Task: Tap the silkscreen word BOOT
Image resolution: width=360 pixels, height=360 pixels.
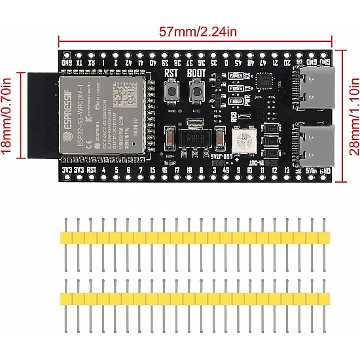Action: [x=196, y=73]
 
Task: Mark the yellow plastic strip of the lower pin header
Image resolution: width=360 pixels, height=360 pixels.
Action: [x=194, y=298]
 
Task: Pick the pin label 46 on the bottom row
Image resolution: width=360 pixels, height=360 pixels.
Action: [x=226, y=170]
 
